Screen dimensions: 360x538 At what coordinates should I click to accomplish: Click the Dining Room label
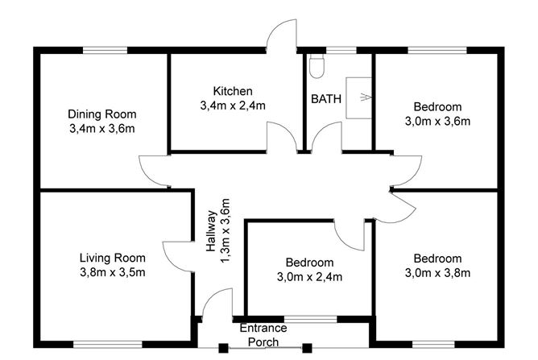pyautogui.click(x=101, y=114)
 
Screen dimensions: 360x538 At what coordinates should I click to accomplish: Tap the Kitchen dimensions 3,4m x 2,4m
pyautogui.click(x=233, y=105)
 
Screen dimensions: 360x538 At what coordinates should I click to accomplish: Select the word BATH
pyautogui.click(x=326, y=99)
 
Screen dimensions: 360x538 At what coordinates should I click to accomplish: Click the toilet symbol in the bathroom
pyautogui.click(x=317, y=67)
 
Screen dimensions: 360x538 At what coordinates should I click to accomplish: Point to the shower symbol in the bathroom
pyautogui.click(x=358, y=98)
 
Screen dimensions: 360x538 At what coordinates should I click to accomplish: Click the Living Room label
pyautogui.click(x=112, y=258)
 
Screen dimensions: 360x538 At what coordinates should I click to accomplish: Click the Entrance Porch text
pyautogui.click(x=263, y=335)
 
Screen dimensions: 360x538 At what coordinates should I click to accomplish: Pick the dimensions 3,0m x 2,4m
pyautogui.click(x=310, y=277)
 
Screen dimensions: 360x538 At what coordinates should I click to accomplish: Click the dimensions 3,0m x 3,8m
pyautogui.click(x=437, y=273)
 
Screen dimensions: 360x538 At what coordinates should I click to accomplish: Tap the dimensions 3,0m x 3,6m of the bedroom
pyautogui.click(x=437, y=121)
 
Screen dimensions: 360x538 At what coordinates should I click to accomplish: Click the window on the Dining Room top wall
pyautogui.click(x=106, y=50)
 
